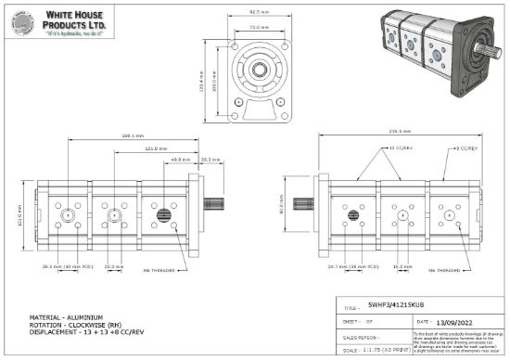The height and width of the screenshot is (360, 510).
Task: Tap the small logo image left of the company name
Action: [20, 21]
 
